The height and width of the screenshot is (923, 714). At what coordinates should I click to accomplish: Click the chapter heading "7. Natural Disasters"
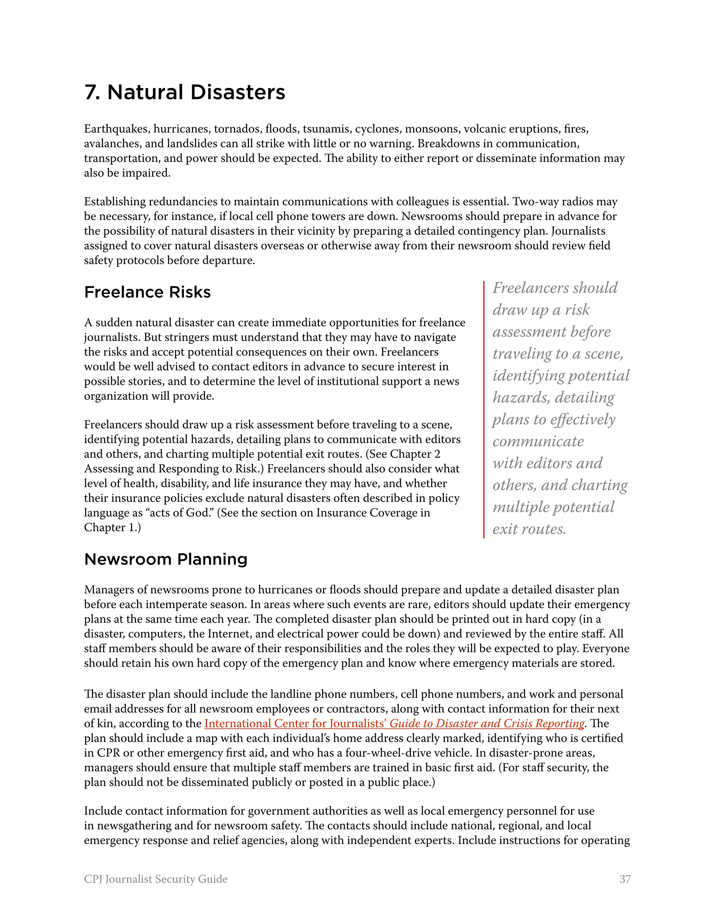tap(185, 92)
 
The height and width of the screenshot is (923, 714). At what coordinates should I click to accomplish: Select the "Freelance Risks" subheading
tap(147, 292)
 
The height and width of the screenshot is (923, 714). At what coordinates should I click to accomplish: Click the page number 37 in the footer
tap(625, 879)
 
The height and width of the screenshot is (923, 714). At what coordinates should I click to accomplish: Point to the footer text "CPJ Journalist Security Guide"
tap(155, 879)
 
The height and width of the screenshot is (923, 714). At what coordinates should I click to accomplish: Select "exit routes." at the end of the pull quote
tap(529, 529)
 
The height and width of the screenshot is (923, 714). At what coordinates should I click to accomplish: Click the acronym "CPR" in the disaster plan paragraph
tap(109, 753)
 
